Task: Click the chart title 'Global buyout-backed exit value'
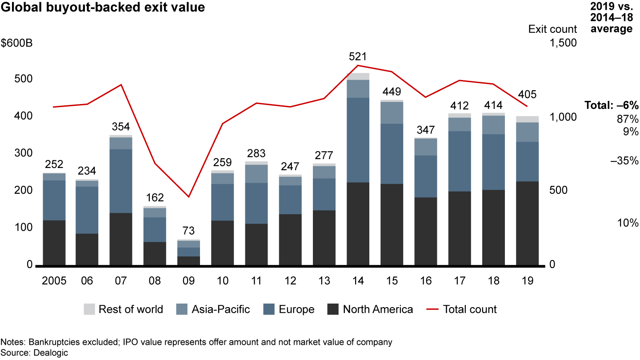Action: (103, 8)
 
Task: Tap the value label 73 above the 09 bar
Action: (188, 231)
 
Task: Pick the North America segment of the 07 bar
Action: (121, 239)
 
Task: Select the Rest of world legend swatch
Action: (89, 309)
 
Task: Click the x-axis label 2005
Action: (54, 281)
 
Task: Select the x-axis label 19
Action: (527, 281)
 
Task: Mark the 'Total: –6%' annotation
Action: (611, 106)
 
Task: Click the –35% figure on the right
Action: (624, 161)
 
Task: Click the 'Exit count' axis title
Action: (552, 29)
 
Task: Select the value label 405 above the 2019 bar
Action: (527, 95)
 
